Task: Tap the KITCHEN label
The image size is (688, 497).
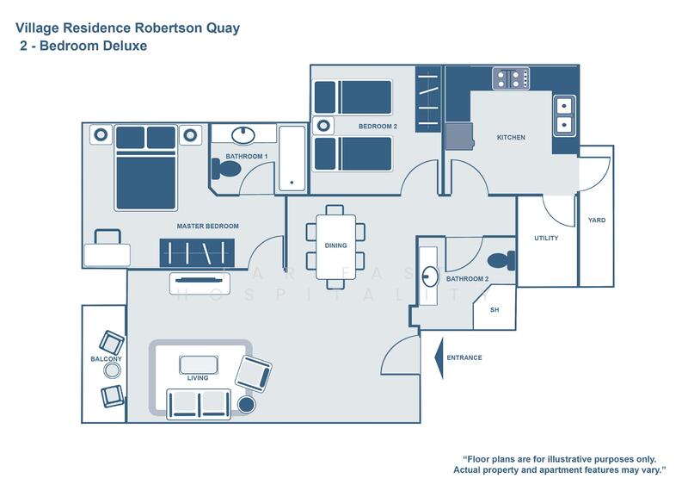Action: pyautogui.click(x=511, y=138)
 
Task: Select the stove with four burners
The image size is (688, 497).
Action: pyautogui.click(x=510, y=79)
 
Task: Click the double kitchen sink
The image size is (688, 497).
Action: pyautogui.click(x=564, y=116)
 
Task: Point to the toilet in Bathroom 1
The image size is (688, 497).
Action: pyautogui.click(x=225, y=170)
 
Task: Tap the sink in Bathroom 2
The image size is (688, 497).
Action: pyautogui.click(x=430, y=276)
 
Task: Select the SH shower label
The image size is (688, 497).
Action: pyautogui.click(x=494, y=310)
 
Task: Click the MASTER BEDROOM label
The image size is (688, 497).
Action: pyautogui.click(x=207, y=227)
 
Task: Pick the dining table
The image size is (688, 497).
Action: pyautogui.click(x=335, y=245)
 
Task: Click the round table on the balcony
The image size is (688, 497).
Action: pyautogui.click(x=112, y=370)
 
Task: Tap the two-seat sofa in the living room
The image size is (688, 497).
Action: pyautogui.click(x=200, y=402)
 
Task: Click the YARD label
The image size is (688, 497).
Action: pyautogui.click(x=596, y=221)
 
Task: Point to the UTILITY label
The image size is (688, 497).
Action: pyautogui.click(x=546, y=238)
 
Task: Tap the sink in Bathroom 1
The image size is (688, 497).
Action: pyautogui.click(x=243, y=134)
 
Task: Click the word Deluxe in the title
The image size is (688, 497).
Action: pyautogui.click(x=122, y=47)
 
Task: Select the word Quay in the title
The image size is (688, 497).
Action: pyautogui.click(x=220, y=28)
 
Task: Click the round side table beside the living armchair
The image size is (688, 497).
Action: pyautogui.click(x=247, y=405)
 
